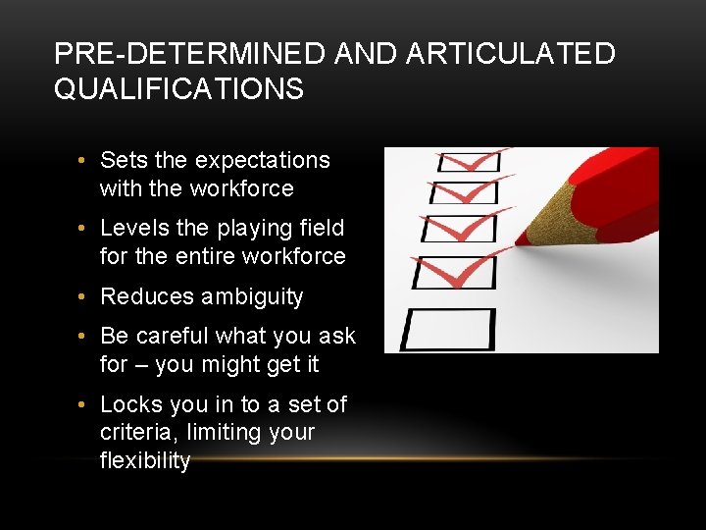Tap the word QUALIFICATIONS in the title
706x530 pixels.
178,89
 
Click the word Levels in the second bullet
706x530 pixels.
135,228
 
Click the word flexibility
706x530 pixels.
145,460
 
